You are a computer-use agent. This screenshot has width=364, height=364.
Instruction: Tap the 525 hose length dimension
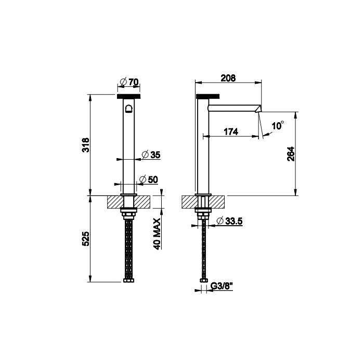click(x=86, y=239)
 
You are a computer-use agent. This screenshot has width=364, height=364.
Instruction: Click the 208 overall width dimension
click(x=228, y=78)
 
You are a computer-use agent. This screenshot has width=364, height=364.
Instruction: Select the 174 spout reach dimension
click(x=230, y=132)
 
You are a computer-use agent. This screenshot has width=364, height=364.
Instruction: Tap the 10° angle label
click(x=278, y=126)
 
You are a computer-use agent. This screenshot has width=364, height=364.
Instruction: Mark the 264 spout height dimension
click(x=291, y=154)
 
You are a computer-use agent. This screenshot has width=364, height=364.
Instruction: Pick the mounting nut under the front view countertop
click(x=128, y=212)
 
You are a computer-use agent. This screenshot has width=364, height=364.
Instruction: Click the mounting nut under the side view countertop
click(x=203, y=212)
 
